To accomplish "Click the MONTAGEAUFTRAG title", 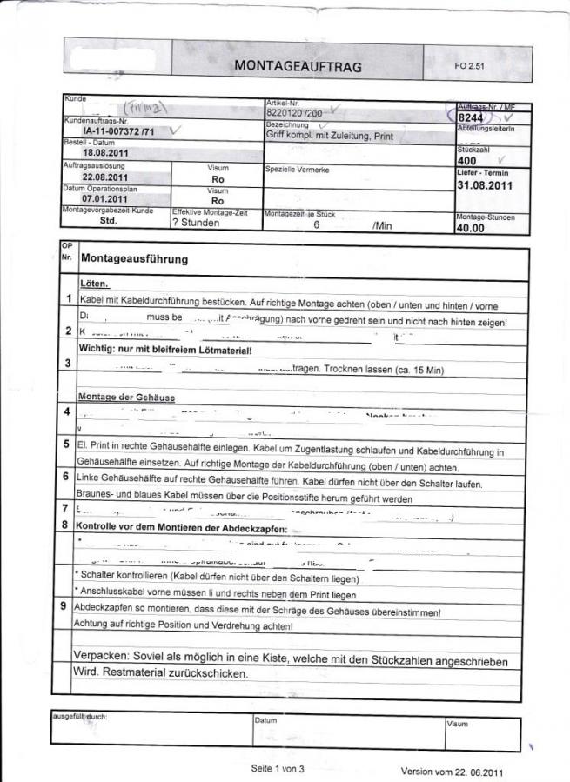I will (298, 66).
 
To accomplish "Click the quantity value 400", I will (466, 161).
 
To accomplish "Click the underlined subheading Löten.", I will (94, 284).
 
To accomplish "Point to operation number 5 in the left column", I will (67, 444).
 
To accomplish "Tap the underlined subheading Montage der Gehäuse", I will (127, 397).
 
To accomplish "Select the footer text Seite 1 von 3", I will (278, 769).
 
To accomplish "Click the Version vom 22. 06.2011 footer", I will (452, 772).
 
